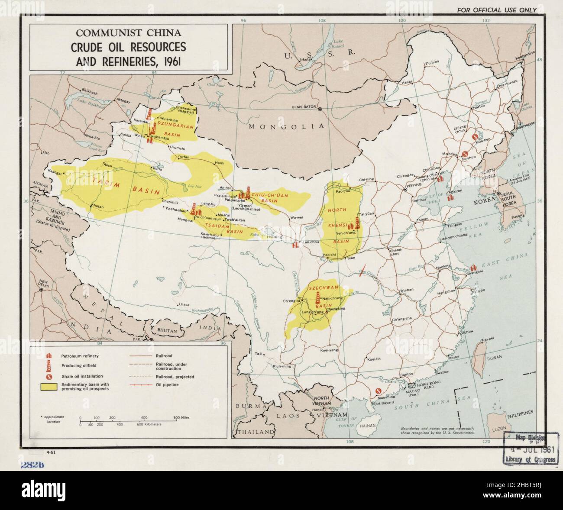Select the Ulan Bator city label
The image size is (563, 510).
301,108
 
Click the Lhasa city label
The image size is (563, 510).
184,305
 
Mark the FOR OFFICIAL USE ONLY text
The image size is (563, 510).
496,10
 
